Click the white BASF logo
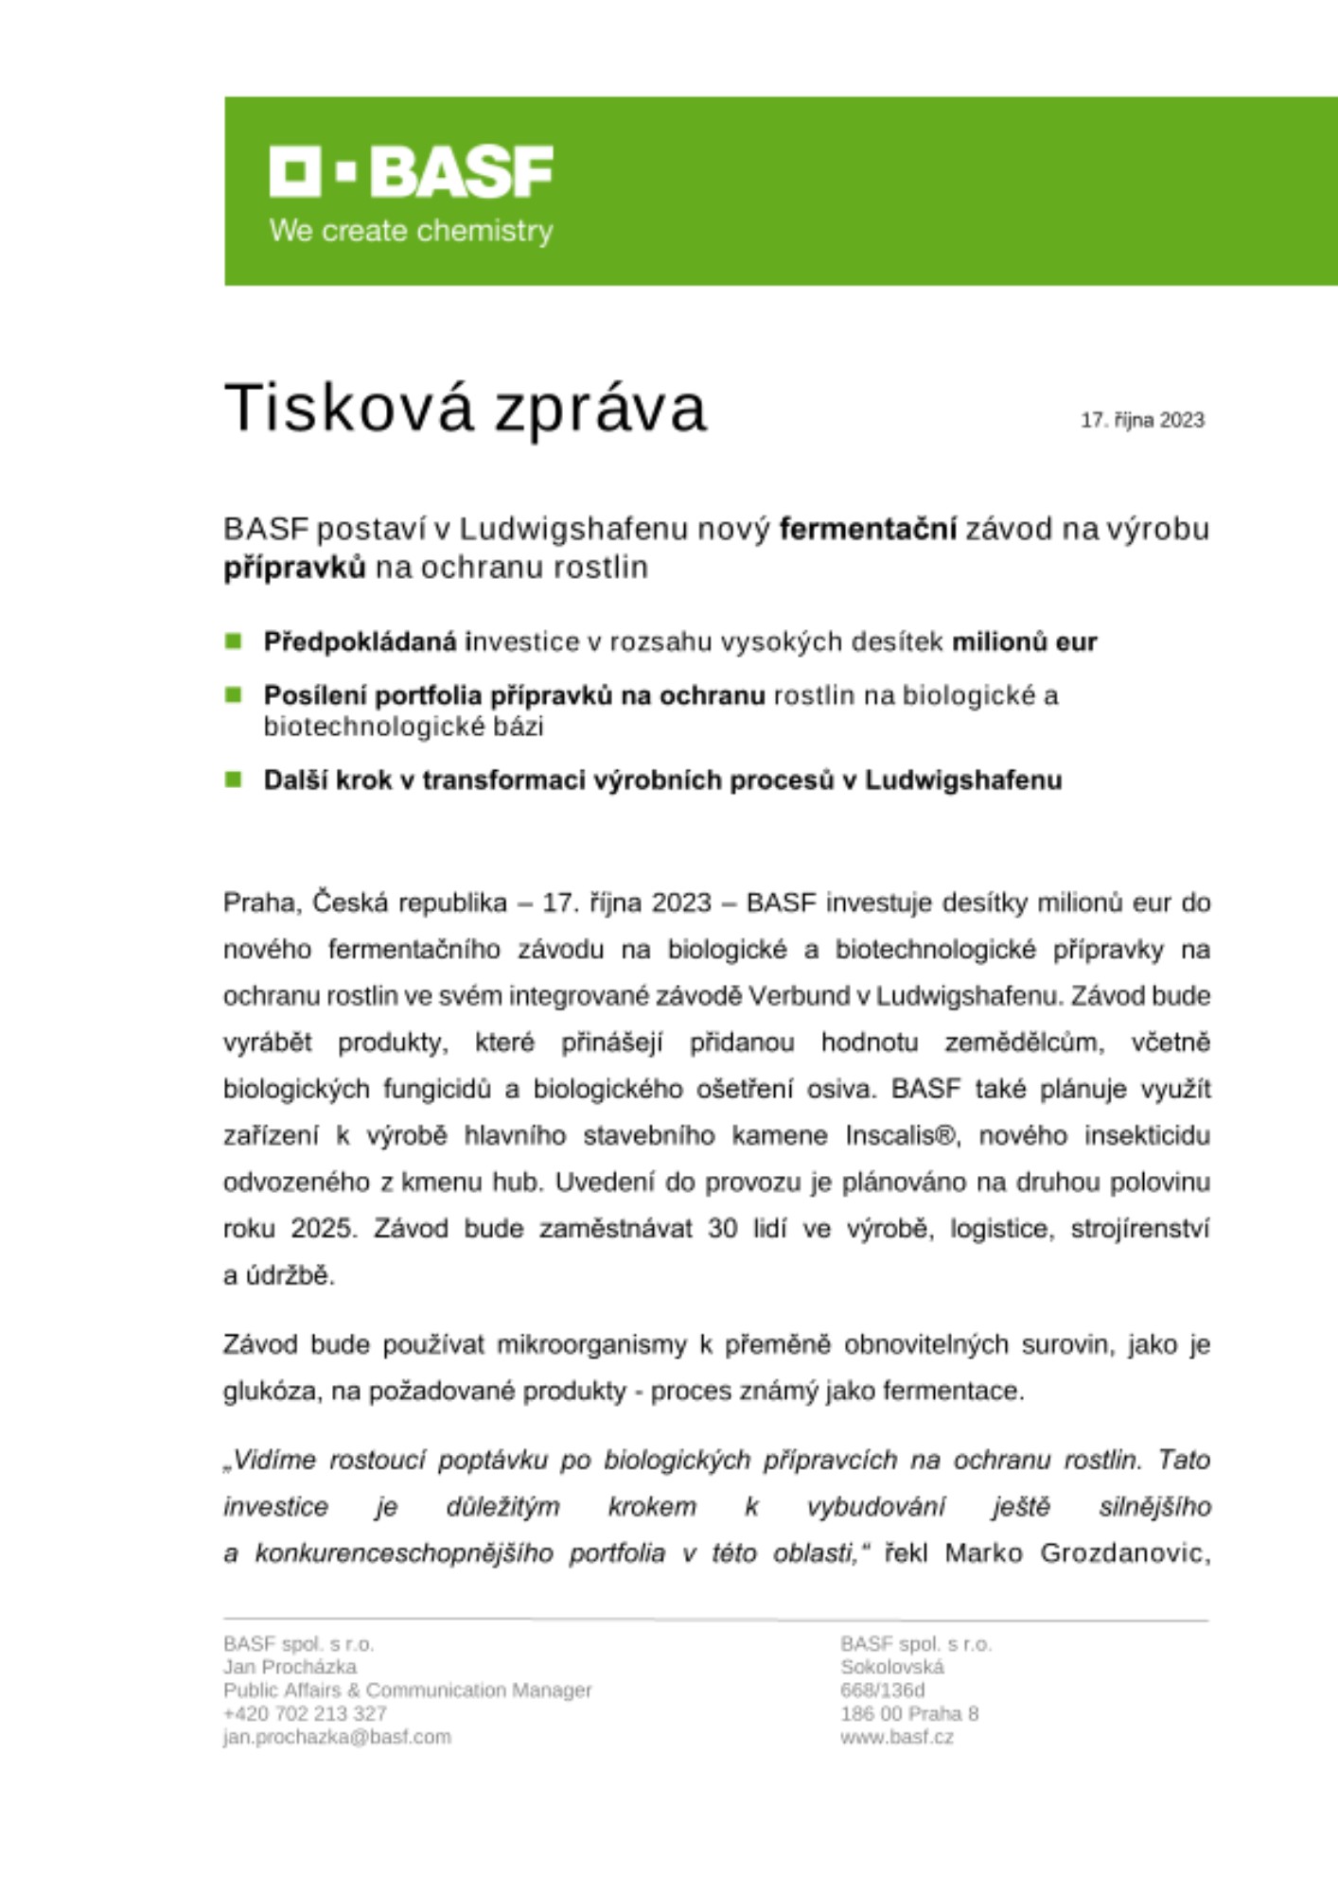[411, 171]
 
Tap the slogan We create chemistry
[411, 231]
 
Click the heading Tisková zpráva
[465, 409]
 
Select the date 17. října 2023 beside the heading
[1142, 420]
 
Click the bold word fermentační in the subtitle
[868, 529]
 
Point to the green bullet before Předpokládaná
[234, 641]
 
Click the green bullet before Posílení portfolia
[234, 695]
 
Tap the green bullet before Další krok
[234, 780]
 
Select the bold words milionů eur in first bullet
[1024, 642]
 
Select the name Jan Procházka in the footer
[290, 1667]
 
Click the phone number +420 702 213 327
[305, 1713]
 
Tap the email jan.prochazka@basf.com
[337, 1737]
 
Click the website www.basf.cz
[896, 1737]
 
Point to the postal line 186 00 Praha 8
[908, 1713]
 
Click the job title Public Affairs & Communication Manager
[407, 1690]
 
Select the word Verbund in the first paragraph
[804, 996]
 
